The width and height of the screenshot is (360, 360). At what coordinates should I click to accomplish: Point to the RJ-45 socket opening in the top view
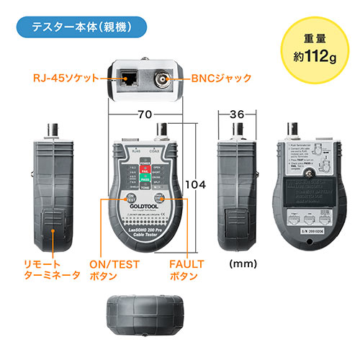click(132, 76)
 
